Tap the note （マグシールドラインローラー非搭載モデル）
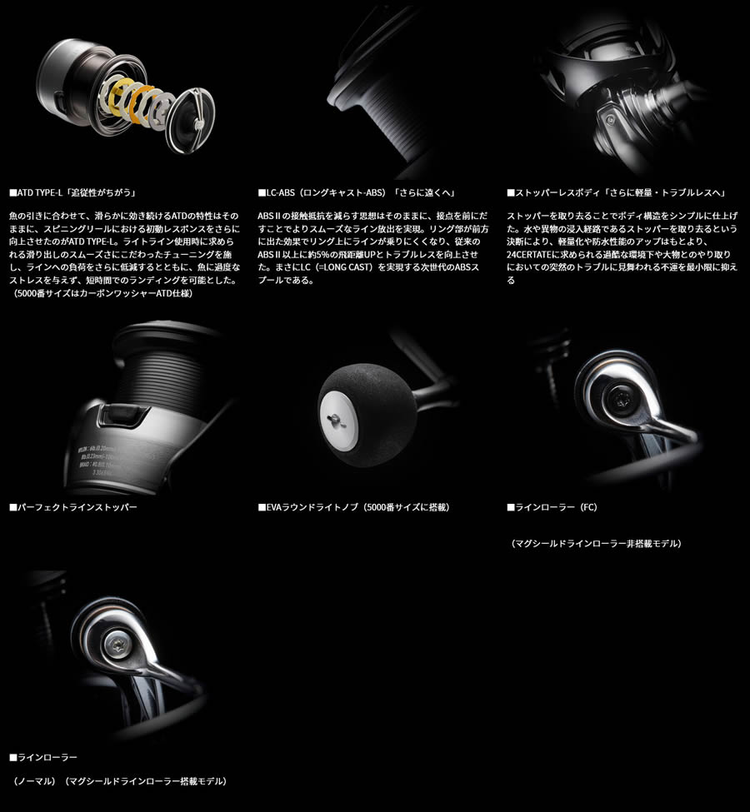(x=597, y=543)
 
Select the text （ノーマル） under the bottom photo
(x=34, y=781)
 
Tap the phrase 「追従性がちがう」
(x=103, y=192)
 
